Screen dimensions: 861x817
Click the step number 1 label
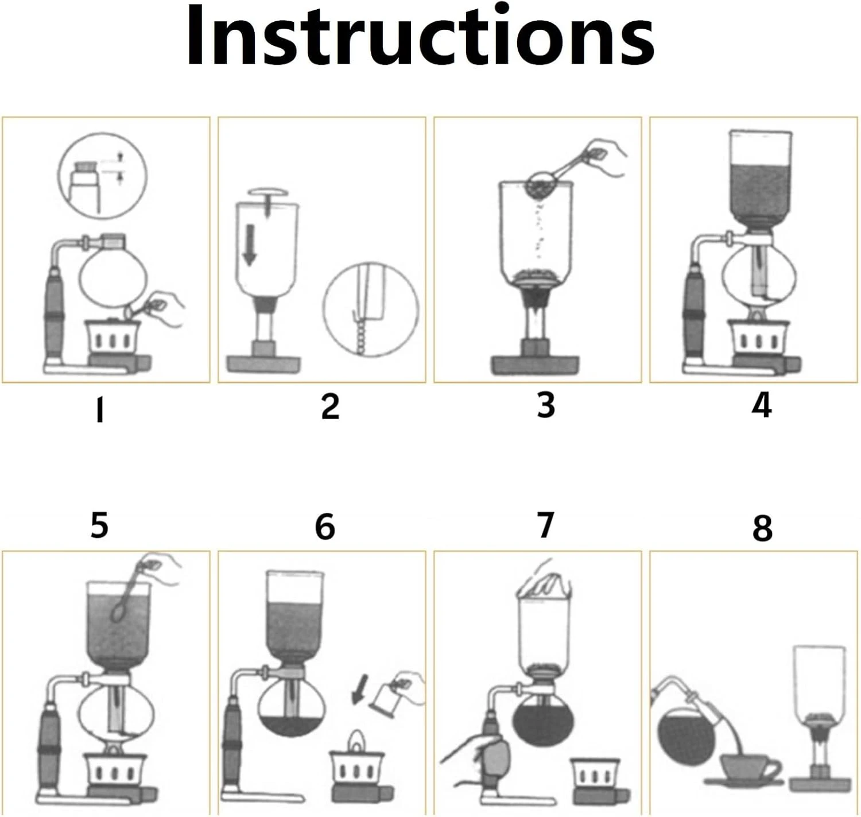[x=100, y=409]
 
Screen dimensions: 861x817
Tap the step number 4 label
[x=762, y=406]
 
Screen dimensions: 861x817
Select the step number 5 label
[x=99, y=525]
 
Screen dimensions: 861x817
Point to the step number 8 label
[x=762, y=528]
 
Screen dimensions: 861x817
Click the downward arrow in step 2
[x=250, y=245]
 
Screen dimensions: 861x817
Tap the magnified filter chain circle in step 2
[x=370, y=310]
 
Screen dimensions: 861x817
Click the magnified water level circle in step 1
[x=102, y=175]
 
